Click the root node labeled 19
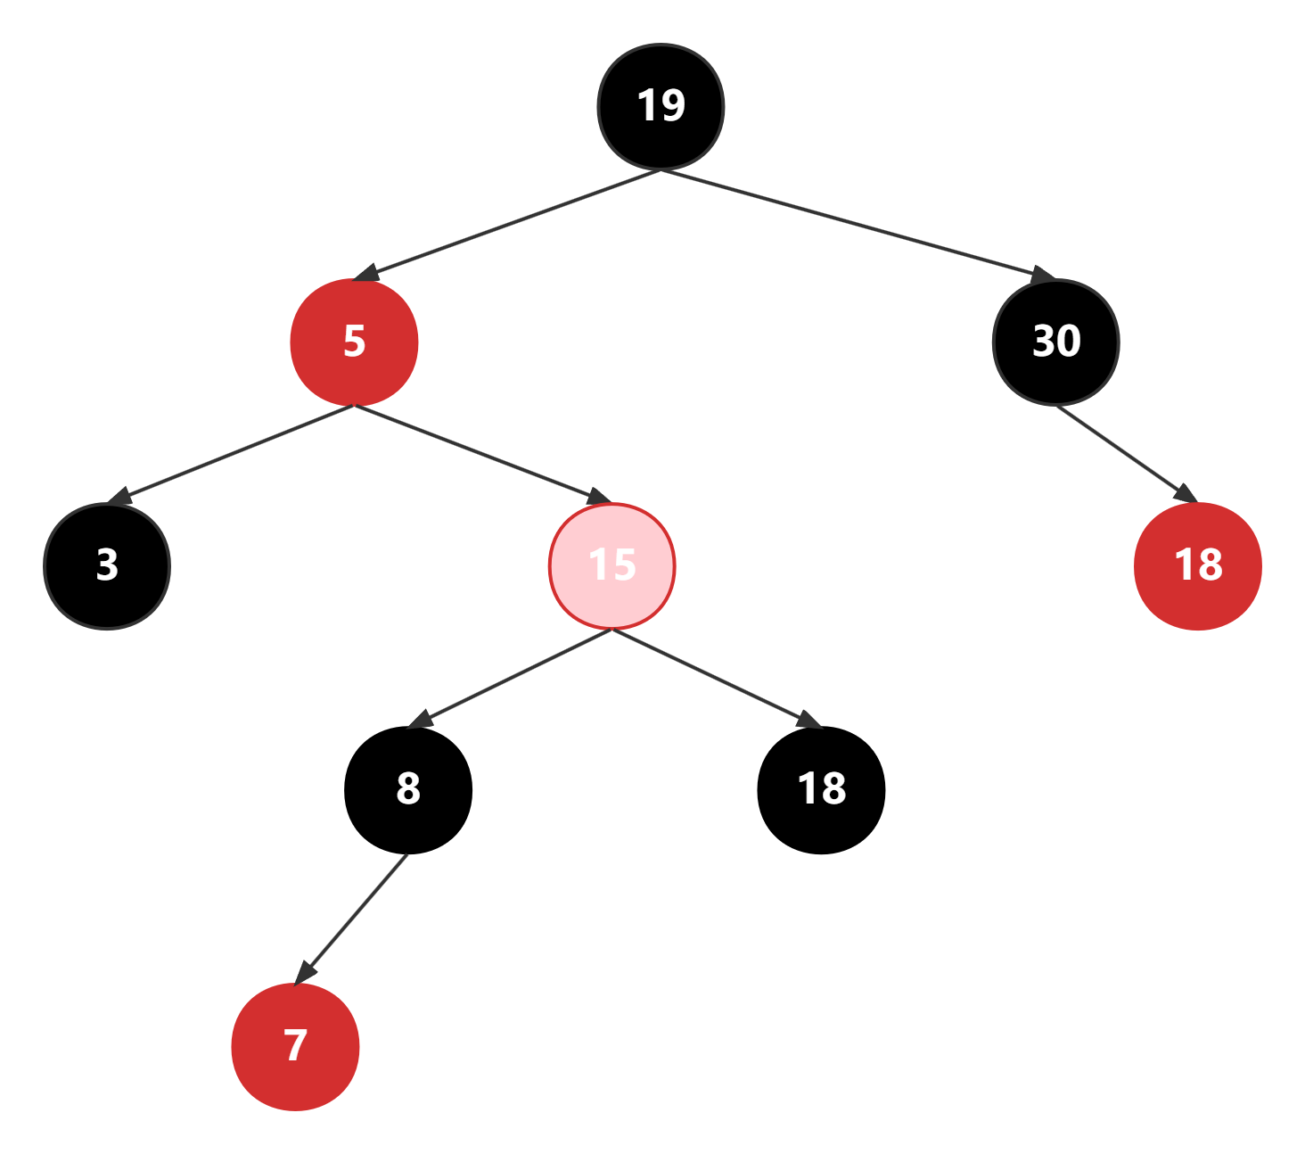[x=661, y=106]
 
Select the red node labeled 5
[x=354, y=342]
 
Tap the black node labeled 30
[x=1056, y=342]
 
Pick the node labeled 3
[x=107, y=565]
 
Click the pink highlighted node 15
[x=612, y=565]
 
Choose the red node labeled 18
[x=1198, y=565]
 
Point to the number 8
[x=408, y=788]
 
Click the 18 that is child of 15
[x=821, y=788]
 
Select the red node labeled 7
[x=295, y=1046]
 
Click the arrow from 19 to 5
[x=508, y=225]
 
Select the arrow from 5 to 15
[x=481, y=453]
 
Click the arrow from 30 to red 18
[x=1125, y=453]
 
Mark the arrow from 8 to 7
[x=353, y=917]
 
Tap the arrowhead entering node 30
[x=1043, y=275]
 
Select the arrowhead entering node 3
[x=119, y=497]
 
